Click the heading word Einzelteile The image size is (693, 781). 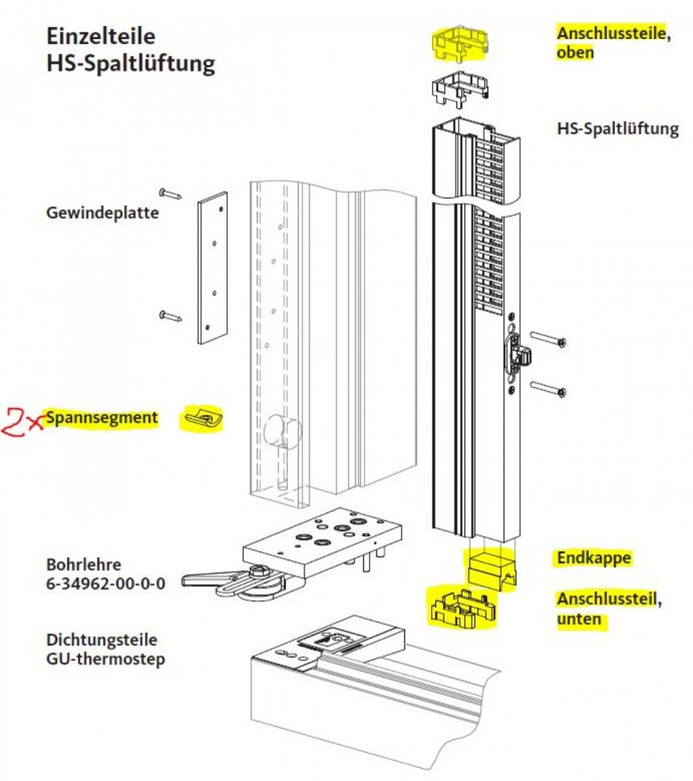(x=101, y=36)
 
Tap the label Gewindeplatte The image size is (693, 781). (x=102, y=213)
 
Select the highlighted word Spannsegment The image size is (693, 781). (x=101, y=417)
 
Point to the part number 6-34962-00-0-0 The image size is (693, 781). (x=105, y=581)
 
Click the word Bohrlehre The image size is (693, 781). (x=84, y=563)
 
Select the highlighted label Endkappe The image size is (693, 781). (x=594, y=558)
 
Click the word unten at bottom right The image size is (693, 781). (x=579, y=619)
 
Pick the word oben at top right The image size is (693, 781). (x=575, y=53)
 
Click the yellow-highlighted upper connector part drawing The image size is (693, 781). (x=460, y=44)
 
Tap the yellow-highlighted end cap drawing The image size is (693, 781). (x=490, y=570)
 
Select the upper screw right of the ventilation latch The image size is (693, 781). (x=548, y=338)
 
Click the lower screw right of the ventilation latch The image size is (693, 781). (x=548, y=388)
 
